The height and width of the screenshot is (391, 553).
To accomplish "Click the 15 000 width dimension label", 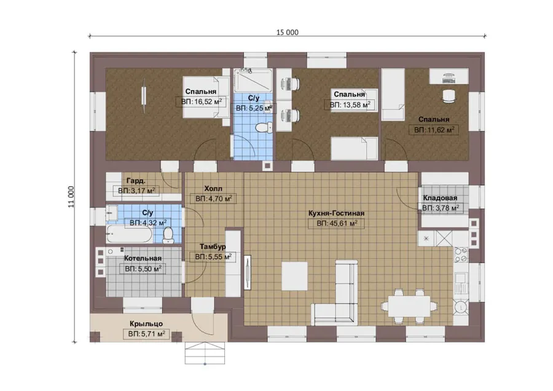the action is tap(287, 33).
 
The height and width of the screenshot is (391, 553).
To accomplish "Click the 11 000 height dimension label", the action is tap(71, 197).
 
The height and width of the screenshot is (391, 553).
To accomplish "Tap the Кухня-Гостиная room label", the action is tap(336, 213).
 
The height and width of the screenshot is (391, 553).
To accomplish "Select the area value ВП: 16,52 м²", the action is tap(202, 102).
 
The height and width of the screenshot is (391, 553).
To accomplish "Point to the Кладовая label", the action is tap(440, 198).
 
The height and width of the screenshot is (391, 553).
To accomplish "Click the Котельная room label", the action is tap(143, 258).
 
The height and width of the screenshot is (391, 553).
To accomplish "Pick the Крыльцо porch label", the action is tap(146, 323).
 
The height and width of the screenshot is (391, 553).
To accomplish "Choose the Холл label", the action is tap(213, 189).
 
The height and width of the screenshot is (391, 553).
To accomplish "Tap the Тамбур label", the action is tap(213, 247).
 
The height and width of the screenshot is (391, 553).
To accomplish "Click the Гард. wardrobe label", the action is tap(136, 181).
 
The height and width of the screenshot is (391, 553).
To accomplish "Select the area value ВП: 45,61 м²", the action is tap(337, 223).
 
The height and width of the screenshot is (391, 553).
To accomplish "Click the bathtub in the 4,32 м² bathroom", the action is tap(130, 234).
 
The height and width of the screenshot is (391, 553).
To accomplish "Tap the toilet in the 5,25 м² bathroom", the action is tap(264, 127).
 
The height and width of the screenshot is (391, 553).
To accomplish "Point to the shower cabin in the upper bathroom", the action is tap(253, 81).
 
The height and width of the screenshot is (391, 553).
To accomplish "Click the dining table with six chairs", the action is tap(409, 306).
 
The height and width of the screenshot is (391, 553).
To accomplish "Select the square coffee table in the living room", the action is tap(294, 275).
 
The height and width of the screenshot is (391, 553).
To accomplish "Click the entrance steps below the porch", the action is tap(205, 353).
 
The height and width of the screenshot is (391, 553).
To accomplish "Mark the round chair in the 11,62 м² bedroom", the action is tap(449, 97).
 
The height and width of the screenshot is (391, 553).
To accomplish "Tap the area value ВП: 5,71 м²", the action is tap(146, 334).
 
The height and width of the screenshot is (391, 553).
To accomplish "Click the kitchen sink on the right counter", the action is tap(460, 283).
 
